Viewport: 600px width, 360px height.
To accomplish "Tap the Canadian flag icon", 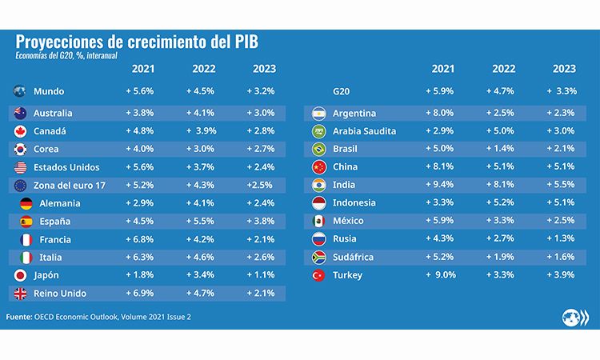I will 22,130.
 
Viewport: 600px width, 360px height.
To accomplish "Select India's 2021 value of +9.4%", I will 442,185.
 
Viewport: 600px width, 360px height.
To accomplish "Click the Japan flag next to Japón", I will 22,275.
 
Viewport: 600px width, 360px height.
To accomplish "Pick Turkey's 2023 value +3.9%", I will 563,275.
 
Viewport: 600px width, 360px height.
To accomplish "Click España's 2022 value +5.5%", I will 201,221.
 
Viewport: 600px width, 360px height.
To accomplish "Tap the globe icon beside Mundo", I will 22,92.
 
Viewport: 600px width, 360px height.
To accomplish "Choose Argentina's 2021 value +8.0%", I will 442,113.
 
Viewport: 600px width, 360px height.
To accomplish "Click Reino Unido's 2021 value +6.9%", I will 141,293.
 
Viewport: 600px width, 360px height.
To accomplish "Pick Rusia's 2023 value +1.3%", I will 563,239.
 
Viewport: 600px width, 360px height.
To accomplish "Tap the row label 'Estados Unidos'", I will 68,167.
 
